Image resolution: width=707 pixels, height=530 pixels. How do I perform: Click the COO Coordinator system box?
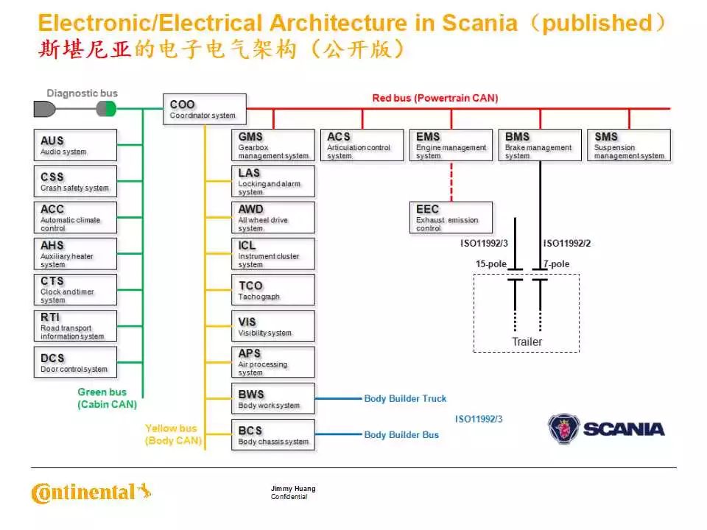(x=203, y=109)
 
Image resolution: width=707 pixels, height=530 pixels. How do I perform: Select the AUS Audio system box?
(x=74, y=145)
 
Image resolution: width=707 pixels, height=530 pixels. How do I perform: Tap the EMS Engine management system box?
(x=451, y=145)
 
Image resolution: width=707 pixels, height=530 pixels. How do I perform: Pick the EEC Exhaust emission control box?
(x=451, y=218)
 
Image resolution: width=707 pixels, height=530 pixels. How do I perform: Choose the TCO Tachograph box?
(x=272, y=290)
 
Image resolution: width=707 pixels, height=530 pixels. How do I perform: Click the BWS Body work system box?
(x=272, y=398)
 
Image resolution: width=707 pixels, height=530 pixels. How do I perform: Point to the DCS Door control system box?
(x=74, y=362)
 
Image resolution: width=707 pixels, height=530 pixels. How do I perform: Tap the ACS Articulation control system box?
(x=362, y=145)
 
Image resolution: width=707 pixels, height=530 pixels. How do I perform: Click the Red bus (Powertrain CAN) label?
(x=435, y=98)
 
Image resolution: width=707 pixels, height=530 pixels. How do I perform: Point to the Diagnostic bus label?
(x=82, y=93)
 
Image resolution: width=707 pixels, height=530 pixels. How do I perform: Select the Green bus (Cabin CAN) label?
(x=108, y=398)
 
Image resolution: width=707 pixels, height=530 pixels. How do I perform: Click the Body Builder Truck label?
(x=405, y=398)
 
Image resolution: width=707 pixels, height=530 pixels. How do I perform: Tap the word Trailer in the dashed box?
(x=527, y=342)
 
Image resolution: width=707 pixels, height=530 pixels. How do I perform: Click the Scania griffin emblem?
(x=563, y=428)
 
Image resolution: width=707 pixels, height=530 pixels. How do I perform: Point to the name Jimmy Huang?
(x=293, y=489)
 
